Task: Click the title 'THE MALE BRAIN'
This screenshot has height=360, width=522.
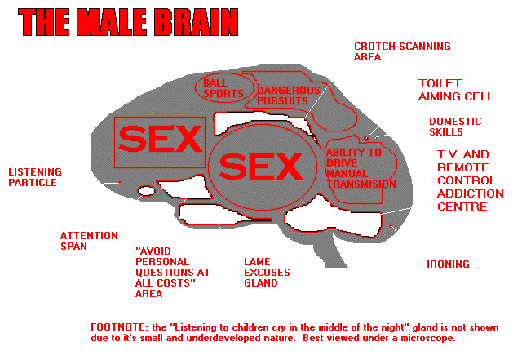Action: (x=129, y=22)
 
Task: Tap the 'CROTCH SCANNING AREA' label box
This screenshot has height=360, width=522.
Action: (x=403, y=52)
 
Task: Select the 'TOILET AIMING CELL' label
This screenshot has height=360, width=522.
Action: (x=455, y=90)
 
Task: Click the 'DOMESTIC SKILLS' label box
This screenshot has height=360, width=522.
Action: (x=455, y=127)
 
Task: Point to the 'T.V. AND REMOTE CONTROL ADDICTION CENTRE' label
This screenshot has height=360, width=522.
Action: (x=471, y=180)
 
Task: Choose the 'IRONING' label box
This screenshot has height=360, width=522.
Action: (x=449, y=264)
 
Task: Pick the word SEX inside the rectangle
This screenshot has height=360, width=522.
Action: (x=159, y=140)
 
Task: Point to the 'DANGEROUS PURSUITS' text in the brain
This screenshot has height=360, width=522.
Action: (x=281, y=96)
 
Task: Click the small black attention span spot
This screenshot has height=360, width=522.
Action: (x=147, y=192)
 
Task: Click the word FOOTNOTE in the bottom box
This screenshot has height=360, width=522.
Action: (x=117, y=326)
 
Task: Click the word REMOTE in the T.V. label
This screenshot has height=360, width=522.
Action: (x=461, y=167)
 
